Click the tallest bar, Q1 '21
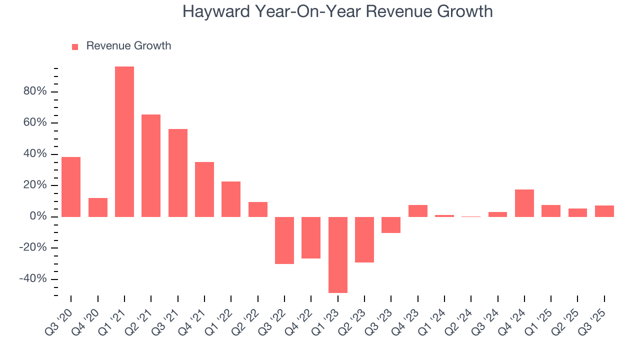(x=124, y=141)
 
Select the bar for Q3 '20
(x=71, y=186)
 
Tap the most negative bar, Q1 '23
(x=338, y=254)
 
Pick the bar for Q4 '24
(x=524, y=203)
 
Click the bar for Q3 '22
(x=284, y=240)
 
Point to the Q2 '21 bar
(x=151, y=165)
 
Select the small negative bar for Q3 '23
(x=391, y=224)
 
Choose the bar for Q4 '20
(x=98, y=207)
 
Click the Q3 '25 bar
(x=604, y=211)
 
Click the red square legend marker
(x=75, y=46)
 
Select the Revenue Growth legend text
(x=128, y=46)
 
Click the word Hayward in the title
(x=215, y=11)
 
